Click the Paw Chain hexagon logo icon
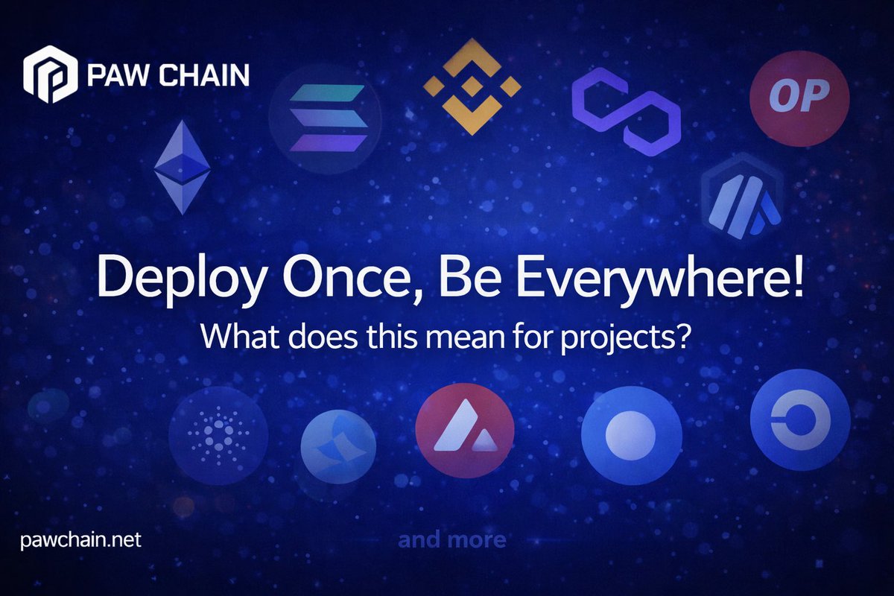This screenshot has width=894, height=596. coord(51,74)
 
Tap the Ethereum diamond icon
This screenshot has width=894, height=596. coord(182,167)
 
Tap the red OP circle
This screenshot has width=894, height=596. coord(799,98)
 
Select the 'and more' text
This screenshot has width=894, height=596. coord(451,539)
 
